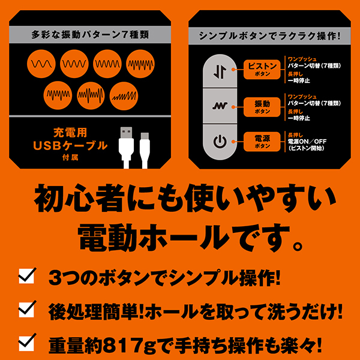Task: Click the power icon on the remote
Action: (x=220, y=142)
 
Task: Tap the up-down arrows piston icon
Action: (x=220, y=71)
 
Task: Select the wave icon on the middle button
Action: (x=220, y=106)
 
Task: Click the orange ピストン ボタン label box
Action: (x=262, y=70)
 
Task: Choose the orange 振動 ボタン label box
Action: (x=262, y=107)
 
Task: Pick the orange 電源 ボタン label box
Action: (x=262, y=142)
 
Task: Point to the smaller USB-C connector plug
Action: (x=145, y=151)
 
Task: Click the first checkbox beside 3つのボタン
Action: (x=27, y=276)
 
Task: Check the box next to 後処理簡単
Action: (x=27, y=309)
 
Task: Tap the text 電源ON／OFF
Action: (x=307, y=142)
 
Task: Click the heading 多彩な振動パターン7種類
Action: (x=90, y=35)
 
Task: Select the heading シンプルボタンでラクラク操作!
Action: (x=269, y=36)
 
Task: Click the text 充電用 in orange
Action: (x=70, y=133)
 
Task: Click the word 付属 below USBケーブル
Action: (x=70, y=157)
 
